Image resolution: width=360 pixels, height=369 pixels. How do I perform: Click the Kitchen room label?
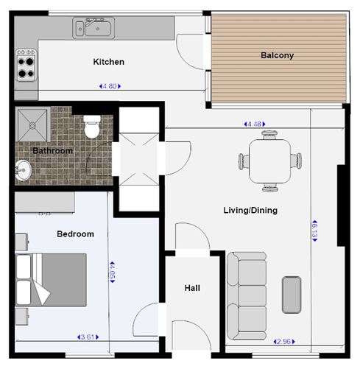point(109,62)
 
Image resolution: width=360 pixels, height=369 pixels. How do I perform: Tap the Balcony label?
point(278,55)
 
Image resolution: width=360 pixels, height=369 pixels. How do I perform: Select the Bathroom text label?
point(53,150)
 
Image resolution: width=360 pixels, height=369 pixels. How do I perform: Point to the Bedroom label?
point(75,233)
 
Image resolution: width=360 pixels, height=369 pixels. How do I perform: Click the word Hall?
point(192,288)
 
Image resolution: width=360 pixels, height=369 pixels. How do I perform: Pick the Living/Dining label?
point(250,210)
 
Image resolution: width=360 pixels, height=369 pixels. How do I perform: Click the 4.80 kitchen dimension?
point(110,86)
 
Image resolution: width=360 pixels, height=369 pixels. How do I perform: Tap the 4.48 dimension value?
point(255,124)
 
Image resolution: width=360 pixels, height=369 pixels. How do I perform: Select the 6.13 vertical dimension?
point(314,231)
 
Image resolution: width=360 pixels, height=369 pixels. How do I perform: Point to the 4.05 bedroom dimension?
point(112,272)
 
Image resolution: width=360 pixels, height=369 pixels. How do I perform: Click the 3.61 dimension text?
point(88,337)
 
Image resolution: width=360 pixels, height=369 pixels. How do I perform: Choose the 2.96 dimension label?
point(284,342)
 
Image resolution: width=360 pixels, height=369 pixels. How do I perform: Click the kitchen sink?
point(93,28)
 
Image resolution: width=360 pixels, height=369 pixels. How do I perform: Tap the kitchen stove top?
point(26,66)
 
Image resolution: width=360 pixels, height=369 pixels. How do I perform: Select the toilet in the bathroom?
point(92,127)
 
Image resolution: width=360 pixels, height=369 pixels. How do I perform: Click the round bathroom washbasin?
point(23,170)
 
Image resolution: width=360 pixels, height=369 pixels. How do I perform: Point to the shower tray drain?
point(32,126)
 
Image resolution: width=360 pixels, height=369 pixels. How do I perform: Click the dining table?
point(270,161)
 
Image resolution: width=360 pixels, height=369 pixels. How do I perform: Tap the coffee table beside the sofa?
point(292,295)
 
